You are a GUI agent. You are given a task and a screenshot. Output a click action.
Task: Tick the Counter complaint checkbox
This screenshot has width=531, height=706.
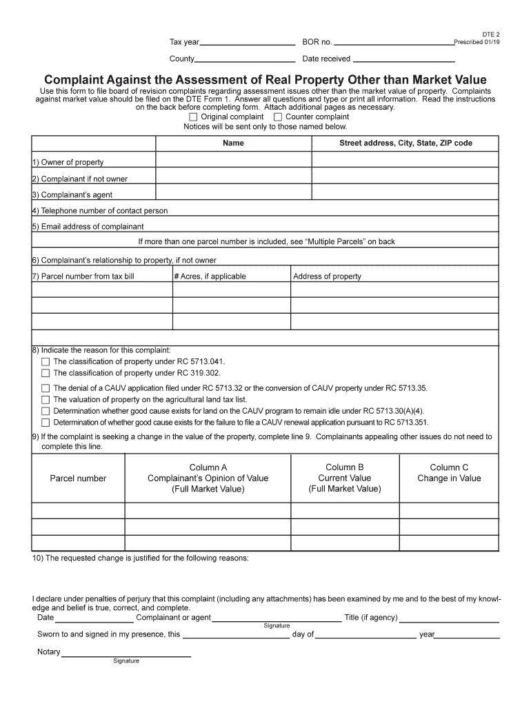[278, 117]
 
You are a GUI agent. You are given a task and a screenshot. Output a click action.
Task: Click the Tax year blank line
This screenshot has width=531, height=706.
[248, 43]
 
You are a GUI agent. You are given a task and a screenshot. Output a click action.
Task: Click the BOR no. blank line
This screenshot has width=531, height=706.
[393, 43]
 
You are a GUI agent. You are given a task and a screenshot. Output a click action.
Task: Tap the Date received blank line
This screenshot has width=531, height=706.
[403, 59]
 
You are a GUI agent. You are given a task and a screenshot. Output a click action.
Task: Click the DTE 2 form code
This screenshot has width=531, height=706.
[490, 34]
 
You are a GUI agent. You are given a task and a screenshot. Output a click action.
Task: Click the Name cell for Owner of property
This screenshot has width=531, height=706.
[233, 160]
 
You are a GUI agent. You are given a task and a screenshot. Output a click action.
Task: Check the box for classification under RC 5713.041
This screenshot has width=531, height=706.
[46, 362]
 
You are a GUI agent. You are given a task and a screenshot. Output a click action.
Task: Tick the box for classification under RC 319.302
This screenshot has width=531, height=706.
[46, 373]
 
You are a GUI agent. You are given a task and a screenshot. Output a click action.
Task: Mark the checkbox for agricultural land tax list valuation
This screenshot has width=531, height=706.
[46, 400]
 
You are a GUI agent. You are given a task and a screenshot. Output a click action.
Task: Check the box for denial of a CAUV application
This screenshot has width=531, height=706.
[46, 388]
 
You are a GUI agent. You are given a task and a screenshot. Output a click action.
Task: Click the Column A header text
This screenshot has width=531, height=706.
[208, 467]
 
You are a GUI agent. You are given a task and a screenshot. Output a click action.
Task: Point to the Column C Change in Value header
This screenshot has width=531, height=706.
[449, 473]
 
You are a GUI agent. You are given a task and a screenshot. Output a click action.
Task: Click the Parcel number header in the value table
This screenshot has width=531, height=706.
[78, 478]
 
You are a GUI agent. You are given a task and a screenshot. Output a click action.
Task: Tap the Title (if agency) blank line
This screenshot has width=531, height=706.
[449, 618]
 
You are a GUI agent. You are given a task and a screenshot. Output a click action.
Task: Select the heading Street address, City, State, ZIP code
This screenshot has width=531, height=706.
[405, 143]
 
